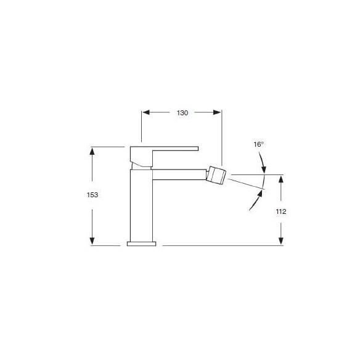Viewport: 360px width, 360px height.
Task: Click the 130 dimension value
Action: (182, 113)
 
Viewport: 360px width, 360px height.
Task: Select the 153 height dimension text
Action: (92, 195)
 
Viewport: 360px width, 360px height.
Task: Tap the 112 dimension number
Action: (281, 211)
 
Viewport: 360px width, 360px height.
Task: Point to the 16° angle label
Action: (258, 144)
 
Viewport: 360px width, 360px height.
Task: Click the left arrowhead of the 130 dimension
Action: (146, 112)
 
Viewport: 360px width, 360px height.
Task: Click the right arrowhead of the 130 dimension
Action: (217, 112)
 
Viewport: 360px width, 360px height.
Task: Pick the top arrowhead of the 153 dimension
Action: (92, 151)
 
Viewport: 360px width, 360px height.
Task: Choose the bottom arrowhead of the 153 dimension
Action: (92, 241)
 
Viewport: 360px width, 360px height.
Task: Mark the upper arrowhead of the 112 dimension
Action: (281, 179)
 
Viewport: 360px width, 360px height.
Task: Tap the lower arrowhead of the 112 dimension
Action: (281, 241)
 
